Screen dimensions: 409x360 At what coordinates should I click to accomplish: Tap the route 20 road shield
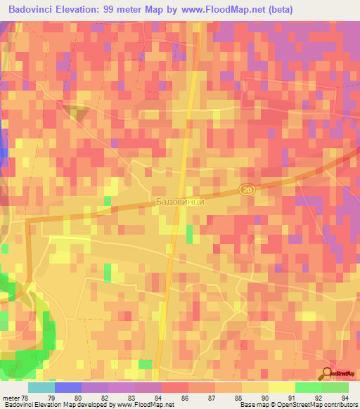[246, 190]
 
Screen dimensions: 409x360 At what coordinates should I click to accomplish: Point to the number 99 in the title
[124, 10]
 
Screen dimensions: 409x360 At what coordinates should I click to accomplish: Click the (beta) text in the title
[279, 10]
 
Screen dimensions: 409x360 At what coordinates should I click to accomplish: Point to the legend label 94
[345, 398]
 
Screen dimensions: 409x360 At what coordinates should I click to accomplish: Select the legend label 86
[184, 398]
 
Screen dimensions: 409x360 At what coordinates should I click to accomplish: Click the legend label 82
[104, 398]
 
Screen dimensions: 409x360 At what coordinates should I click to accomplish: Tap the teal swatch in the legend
[41, 387]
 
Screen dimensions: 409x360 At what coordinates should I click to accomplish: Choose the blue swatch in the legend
[68, 387]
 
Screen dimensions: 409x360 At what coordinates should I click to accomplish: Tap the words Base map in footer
[252, 405]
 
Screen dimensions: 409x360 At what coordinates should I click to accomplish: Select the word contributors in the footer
[340, 405]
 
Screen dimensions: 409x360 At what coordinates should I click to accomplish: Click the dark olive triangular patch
[77, 113]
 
